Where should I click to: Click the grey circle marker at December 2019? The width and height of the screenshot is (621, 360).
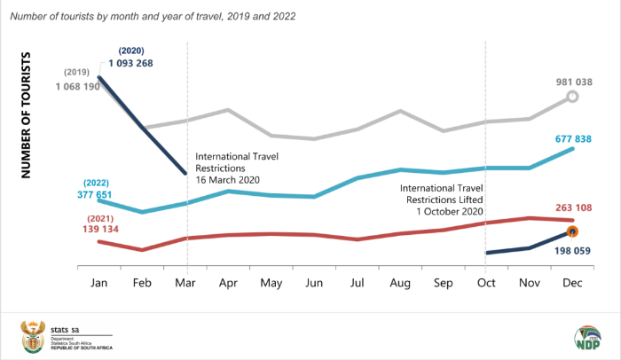573,97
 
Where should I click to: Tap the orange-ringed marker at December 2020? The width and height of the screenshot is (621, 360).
573,231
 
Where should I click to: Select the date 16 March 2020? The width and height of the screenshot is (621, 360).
233,180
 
